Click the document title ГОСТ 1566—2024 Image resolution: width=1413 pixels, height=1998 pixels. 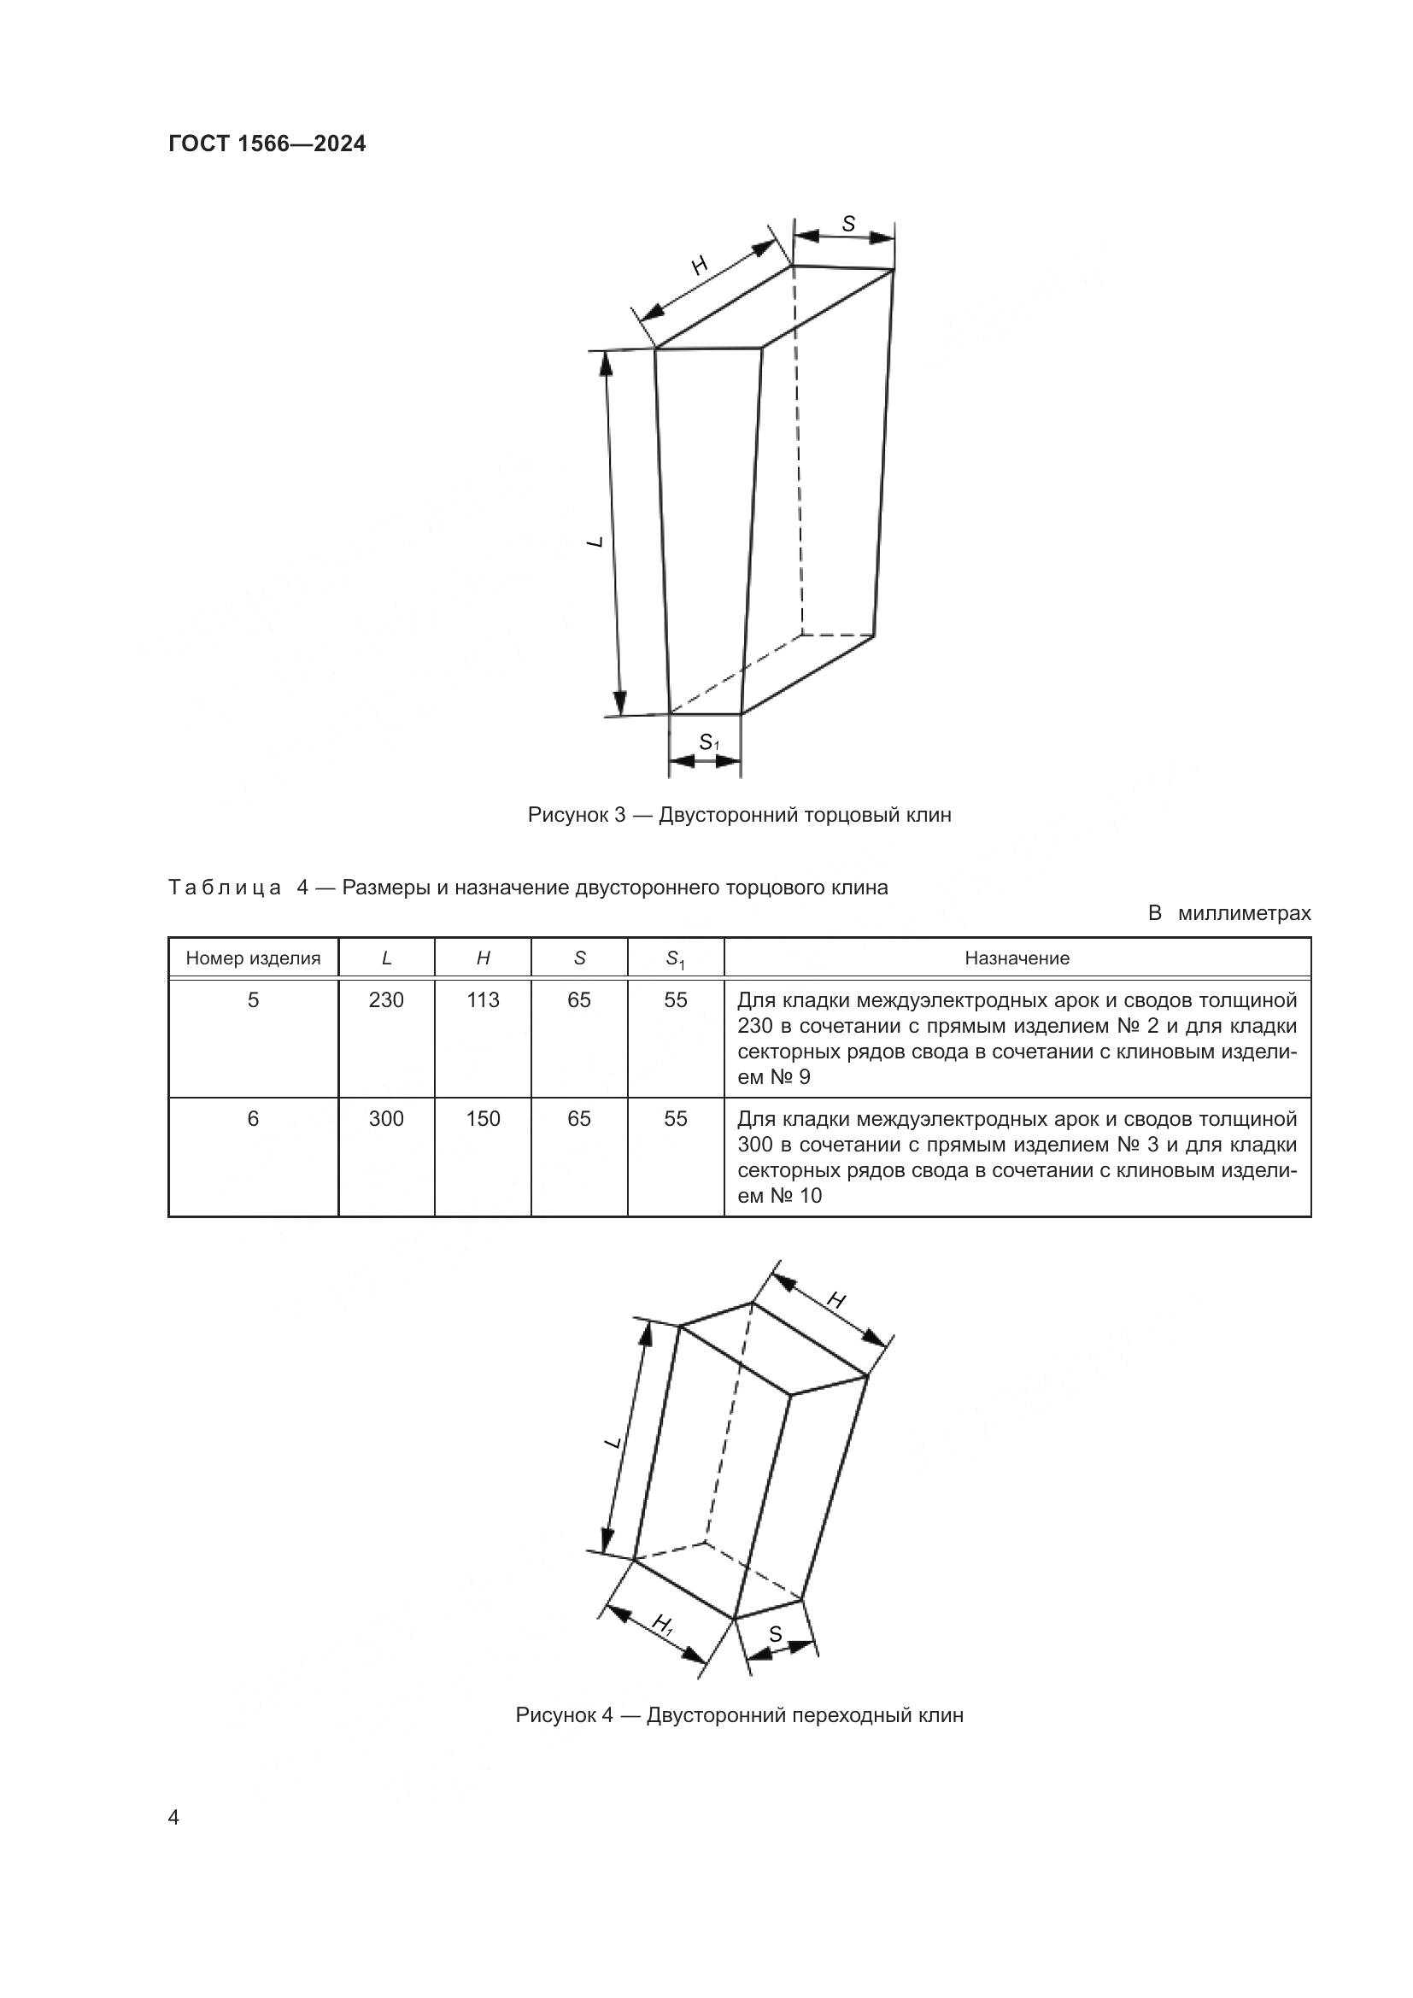coord(267,144)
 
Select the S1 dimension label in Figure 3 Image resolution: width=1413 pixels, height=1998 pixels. coord(709,742)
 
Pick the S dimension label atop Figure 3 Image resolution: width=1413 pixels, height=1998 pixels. coord(848,225)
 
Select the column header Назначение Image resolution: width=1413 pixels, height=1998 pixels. coord(1017,958)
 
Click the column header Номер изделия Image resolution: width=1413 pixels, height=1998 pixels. coord(253,958)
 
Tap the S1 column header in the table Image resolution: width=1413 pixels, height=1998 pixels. coord(675,959)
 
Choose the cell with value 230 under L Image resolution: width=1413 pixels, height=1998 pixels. coord(386,1000)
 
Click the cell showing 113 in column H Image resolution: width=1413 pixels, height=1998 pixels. coord(483,1000)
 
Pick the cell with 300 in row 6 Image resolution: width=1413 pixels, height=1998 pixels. coord(386,1118)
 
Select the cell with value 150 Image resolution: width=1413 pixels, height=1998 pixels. coord(483,1118)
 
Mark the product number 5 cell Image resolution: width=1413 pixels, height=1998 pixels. coord(253,1000)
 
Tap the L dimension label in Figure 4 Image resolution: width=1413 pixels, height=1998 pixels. coord(613,1442)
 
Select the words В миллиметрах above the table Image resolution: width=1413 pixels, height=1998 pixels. coord(1228,913)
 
